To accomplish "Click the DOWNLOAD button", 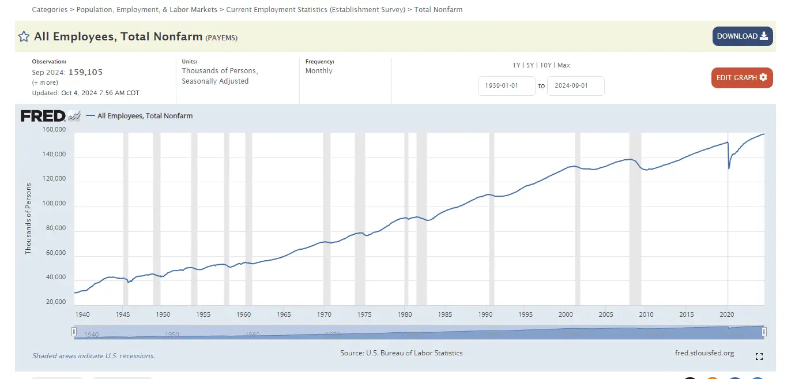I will (742, 36).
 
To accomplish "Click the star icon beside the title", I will (24, 37).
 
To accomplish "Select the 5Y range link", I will (530, 65).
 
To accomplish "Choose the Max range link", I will (563, 65).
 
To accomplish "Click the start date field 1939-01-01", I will (506, 86).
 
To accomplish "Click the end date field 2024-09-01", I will (575, 86).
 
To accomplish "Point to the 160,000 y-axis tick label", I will (54, 130).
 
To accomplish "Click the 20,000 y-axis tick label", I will (54, 302).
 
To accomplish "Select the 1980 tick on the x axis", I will (404, 314).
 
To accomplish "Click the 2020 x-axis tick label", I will (727, 314).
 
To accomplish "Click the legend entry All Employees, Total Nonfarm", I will (145, 116).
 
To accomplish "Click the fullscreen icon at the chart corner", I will (759, 357).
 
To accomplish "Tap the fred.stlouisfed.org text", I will (704, 353).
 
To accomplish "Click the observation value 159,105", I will (85, 72).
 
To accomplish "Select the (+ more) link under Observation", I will (45, 82).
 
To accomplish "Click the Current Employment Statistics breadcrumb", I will (315, 10).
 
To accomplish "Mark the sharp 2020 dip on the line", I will (729, 168).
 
